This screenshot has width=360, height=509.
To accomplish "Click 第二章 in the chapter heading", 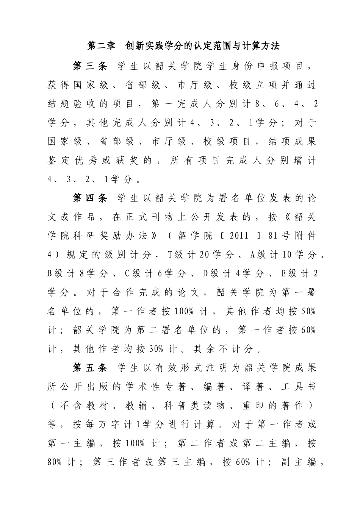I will click(x=101, y=46).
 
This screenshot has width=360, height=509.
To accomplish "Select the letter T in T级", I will click(x=170, y=255).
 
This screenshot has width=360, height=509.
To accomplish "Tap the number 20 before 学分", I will click(x=204, y=255).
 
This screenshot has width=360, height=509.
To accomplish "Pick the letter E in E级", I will click(x=283, y=274).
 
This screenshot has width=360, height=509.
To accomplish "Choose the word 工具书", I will click(x=299, y=387).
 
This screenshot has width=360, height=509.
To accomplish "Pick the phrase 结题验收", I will click(x=67, y=104).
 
